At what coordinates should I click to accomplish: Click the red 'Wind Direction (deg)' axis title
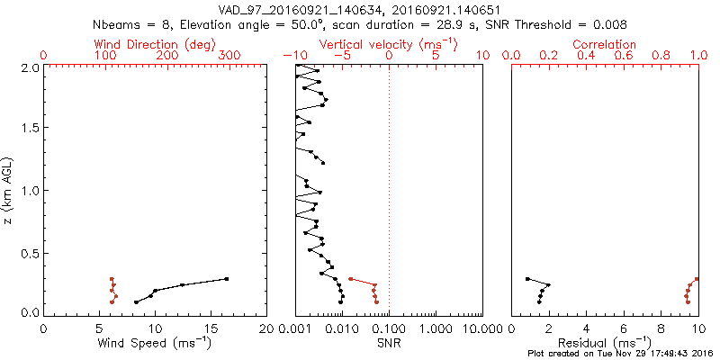(x=154, y=44)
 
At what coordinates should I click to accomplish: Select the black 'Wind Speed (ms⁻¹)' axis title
(x=155, y=343)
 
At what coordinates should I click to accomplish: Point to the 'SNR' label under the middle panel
(x=389, y=343)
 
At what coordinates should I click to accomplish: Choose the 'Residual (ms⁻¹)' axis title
(x=605, y=343)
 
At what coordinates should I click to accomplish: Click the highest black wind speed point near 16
(x=227, y=279)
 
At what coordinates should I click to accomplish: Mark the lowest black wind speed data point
(x=136, y=302)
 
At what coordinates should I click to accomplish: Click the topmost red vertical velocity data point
(x=350, y=279)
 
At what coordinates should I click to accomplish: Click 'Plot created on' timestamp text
(x=622, y=353)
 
